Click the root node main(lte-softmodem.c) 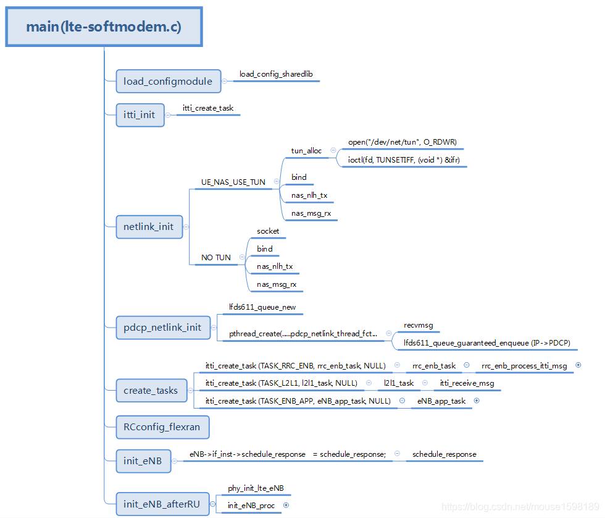pos(104,27)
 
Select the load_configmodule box pos(168,81)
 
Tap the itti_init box pos(140,115)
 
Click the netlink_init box pos(148,226)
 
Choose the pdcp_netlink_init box pos(162,327)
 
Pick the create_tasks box pos(151,390)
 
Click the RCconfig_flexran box pos(162,427)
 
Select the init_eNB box pos(143,461)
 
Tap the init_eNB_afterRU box pos(162,504)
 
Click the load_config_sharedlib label pos(276,74)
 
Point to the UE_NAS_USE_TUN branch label pos(233,182)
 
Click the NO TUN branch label pos(216,258)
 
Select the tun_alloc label pos(306,150)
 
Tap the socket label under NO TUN pos(268,231)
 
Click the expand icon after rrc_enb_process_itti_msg pos(578,365)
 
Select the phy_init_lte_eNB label pos(256,488)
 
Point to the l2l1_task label pos(399,383)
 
